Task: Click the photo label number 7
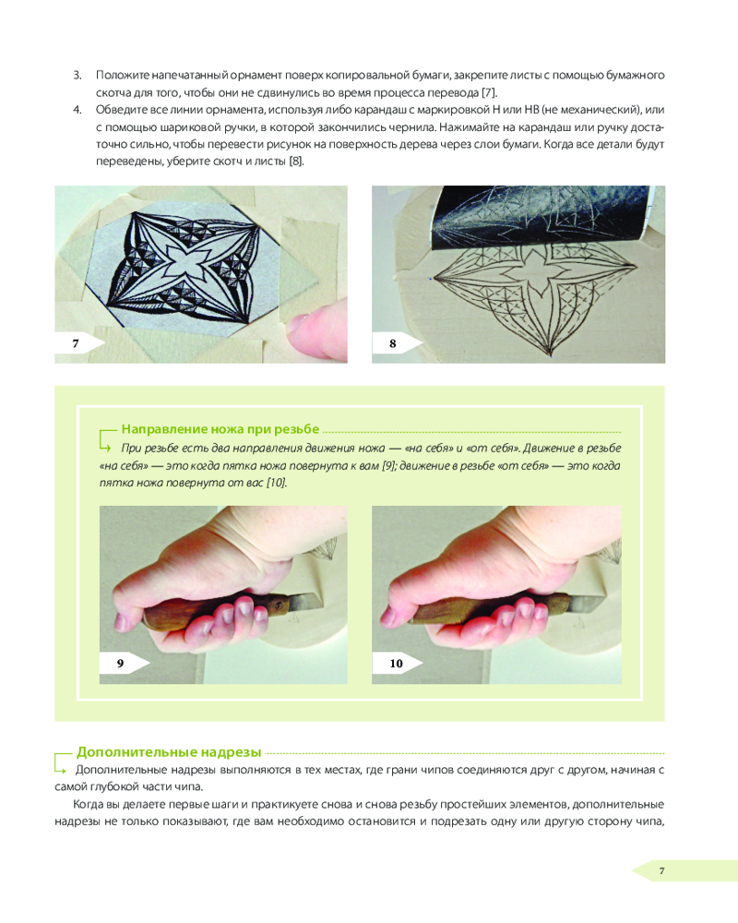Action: click(76, 343)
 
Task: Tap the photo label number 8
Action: click(393, 343)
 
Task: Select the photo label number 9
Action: click(120, 664)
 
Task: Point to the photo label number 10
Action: click(396, 664)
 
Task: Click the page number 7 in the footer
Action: click(662, 870)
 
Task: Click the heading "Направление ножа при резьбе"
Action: click(220, 429)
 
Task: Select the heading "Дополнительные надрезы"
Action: click(169, 752)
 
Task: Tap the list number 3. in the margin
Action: click(77, 76)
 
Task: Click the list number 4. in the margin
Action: click(77, 110)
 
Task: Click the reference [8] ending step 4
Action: click(296, 162)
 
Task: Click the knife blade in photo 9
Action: click(300, 601)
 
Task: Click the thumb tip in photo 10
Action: click(388, 616)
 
